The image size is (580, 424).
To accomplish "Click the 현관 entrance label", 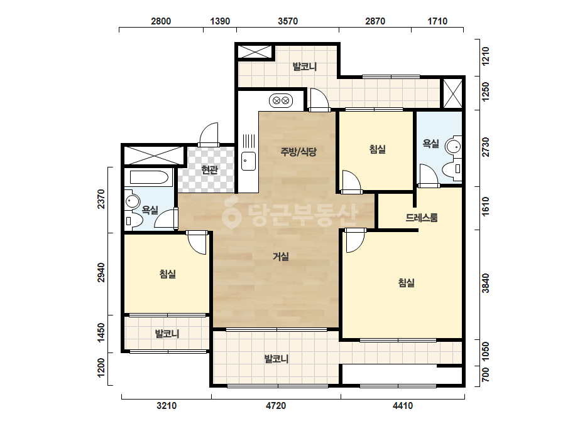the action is (x=209, y=170).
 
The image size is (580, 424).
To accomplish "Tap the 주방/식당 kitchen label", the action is (x=298, y=151).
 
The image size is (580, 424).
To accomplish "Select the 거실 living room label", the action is (x=281, y=257).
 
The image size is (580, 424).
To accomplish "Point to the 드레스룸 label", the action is (x=422, y=218).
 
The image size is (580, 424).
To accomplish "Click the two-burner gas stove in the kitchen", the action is (x=281, y=100).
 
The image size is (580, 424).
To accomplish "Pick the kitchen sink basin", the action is (x=248, y=161).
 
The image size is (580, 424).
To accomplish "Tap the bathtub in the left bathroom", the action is (x=149, y=178).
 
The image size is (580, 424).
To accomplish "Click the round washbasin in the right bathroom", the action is (x=453, y=146).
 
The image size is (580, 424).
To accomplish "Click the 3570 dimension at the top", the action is (x=288, y=21).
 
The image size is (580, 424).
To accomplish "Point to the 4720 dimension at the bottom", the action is (x=276, y=406).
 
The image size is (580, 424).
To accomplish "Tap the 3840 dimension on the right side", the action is (x=485, y=284).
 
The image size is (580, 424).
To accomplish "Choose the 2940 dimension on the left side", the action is (x=101, y=273).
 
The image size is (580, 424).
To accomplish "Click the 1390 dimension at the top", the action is (x=220, y=21).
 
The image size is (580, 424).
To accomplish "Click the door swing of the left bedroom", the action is (x=197, y=242).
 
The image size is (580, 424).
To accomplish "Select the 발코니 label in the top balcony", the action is (x=305, y=67).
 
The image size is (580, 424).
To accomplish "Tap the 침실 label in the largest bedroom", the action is (x=406, y=283).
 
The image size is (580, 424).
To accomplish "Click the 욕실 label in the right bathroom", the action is (x=431, y=144).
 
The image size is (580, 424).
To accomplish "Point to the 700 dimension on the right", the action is (x=485, y=374).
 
